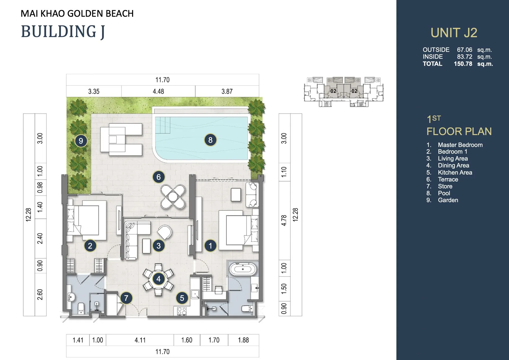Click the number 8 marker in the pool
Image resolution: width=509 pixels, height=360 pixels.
(x=210, y=140)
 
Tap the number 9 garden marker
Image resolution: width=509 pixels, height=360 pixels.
(x=81, y=141)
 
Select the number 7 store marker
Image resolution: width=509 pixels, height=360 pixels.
(x=126, y=298)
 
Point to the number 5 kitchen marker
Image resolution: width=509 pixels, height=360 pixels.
(x=182, y=298)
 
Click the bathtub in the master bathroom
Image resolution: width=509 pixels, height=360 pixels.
(x=243, y=269)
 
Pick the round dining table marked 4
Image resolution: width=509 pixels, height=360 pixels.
(x=158, y=279)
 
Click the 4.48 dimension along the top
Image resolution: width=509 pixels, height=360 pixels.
(x=158, y=92)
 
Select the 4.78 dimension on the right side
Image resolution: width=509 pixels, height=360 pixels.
(x=284, y=220)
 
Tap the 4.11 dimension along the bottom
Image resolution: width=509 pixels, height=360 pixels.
(x=140, y=340)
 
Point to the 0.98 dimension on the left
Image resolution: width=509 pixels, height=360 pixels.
(x=40, y=188)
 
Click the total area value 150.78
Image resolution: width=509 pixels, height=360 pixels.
(x=463, y=64)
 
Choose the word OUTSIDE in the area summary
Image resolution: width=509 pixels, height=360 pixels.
(x=436, y=50)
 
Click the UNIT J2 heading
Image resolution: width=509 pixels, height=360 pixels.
(x=454, y=33)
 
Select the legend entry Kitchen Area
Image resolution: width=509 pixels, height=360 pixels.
(x=455, y=172)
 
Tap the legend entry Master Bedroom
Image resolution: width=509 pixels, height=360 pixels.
(x=460, y=145)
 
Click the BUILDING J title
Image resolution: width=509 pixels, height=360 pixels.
(x=63, y=32)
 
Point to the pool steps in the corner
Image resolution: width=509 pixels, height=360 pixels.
(x=162, y=125)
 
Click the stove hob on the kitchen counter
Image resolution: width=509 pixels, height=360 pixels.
(x=182, y=311)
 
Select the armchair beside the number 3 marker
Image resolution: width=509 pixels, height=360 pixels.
(x=165, y=232)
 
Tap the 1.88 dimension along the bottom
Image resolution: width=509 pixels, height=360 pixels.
(x=243, y=340)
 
